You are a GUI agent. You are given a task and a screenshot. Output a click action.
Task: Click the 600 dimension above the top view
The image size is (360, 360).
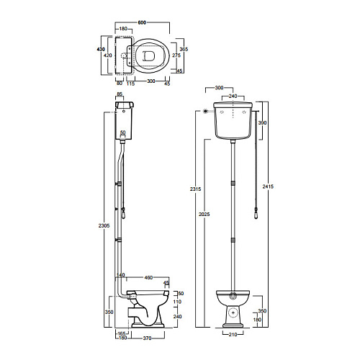[x=142, y=22]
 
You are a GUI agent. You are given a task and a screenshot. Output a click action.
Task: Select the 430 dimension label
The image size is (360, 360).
[x=101, y=49]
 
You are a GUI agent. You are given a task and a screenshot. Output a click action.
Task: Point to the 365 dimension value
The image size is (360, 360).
[x=184, y=49]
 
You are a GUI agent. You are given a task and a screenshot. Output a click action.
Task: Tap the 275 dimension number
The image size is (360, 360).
[x=176, y=55]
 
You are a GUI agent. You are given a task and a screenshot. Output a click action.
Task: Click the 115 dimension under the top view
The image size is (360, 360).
[x=130, y=84]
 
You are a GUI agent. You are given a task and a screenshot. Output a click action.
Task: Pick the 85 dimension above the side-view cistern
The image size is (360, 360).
[x=120, y=94]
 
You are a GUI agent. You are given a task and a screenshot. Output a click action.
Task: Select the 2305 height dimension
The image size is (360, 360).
[x=104, y=225]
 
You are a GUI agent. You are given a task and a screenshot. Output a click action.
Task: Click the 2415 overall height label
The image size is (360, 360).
[x=268, y=186]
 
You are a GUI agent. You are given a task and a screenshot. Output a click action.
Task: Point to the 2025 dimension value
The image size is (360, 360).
[x=204, y=214]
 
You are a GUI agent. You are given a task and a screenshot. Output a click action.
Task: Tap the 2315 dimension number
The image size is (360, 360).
[x=196, y=189]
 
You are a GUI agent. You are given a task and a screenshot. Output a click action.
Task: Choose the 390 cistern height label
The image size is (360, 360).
[x=262, y=123]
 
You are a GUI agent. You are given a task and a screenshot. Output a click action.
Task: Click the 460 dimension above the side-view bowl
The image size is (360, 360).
[x=148, y=277]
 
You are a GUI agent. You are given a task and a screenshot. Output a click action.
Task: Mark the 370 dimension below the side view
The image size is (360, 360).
[x=147, y=338]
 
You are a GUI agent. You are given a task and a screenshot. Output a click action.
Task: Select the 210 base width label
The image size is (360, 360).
[x=233, y=334]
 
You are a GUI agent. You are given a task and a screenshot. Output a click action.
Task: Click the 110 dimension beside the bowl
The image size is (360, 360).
[x=177, y=302]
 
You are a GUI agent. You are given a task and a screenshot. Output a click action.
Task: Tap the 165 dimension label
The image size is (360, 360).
[x=122, y=333]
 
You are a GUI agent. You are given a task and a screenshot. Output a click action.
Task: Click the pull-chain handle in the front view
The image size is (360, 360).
[x=256, y=214]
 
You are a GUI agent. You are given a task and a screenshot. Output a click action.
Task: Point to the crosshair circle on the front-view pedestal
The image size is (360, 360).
[x=233, y=312]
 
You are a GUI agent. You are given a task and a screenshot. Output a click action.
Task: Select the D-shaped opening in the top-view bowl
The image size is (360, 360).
[x=148, y=56]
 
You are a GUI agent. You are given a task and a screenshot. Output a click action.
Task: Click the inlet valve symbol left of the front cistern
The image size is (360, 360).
[x=205, y=111]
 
